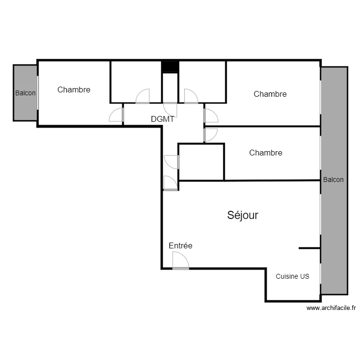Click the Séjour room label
pyautogui.click(x=243, y=216)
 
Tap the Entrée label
pyautogui.click(x=180, y=245)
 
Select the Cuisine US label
pyautogui.click(x=292, y=276)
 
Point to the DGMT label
pyautogui.click(x=163, y=119)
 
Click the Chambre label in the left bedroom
pyautogui.click(x=74, y=90)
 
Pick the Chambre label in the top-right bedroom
pyautogui.click(x=270, y=94)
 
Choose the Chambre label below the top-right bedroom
pyautogui.click(x=266, y=153)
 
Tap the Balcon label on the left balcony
pyautogui.click(x=26, y=93)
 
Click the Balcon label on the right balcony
pyautogui.click(x=333, y=180)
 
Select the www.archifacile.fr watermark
pyautogui.click(x=331, y=308)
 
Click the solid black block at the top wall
pyautogui.click(x=170, y=67)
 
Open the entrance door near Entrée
pyautogui.click(x=180, y=260)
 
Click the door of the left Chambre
pyautogui.click(x=116, y=115)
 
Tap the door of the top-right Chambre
pyautogui.click(x=211, y=116)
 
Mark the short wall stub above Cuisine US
pyautogui.click(x=309, y=248)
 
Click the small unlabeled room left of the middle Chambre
pyautogui.click(x=202, y=162)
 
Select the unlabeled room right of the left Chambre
pyautogui.click(x=136, y=82)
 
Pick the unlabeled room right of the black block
pyautogui.click(x=202, y=82)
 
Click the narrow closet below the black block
pyautogui.click(x=170, y=88)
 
